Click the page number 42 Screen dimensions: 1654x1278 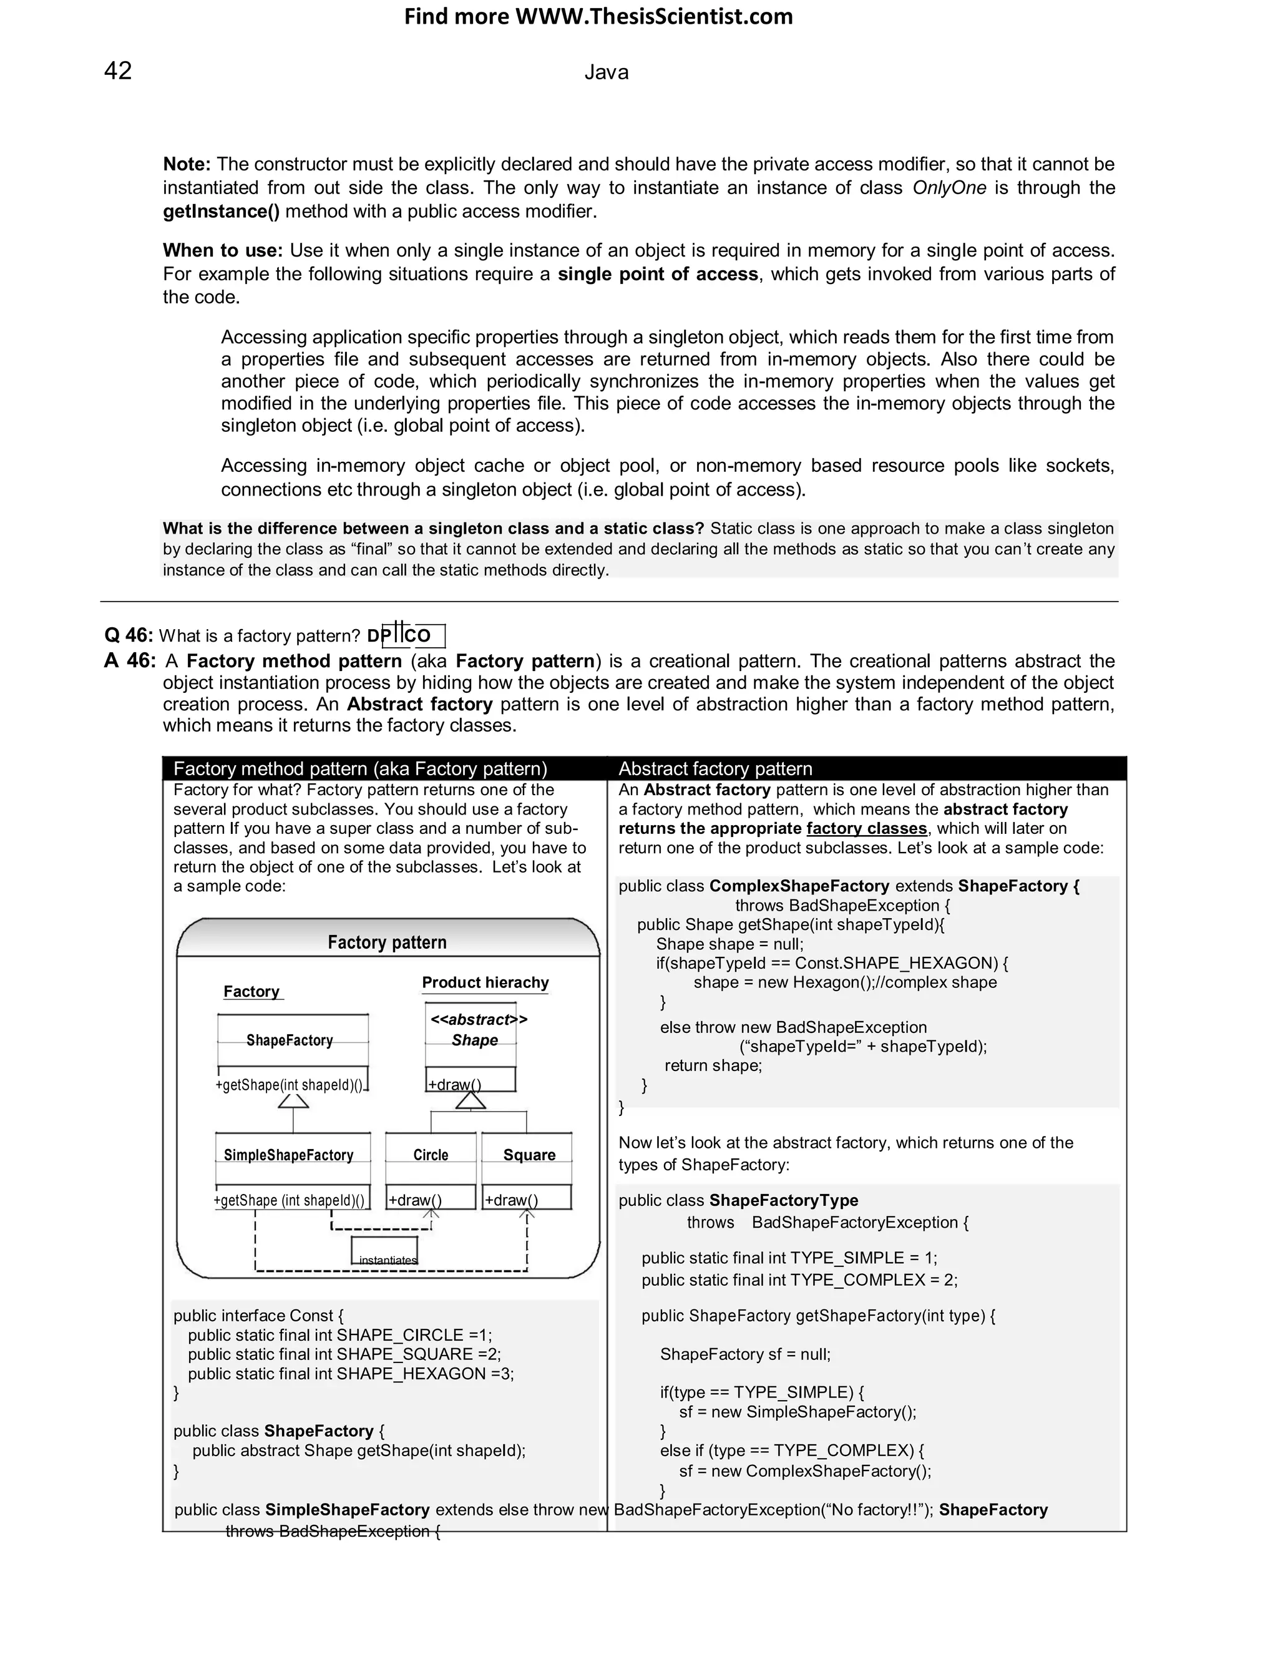click(117, 71)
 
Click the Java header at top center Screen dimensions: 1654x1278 click(606, 72)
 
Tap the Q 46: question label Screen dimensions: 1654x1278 click(129, 635)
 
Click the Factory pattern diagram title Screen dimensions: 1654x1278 click(387, 942)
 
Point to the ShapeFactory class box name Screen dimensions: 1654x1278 click(289, 1040)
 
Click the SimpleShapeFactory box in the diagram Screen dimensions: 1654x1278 click(288, 1155)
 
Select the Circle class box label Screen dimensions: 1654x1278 click(431, 1155)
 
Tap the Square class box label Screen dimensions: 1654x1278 click(529, 1155)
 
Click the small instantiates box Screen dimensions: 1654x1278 click(384, 1250)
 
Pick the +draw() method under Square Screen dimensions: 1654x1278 click(512, 1200)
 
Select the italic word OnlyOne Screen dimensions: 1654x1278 click(949, 188)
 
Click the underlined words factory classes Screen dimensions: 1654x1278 click(866, 828)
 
